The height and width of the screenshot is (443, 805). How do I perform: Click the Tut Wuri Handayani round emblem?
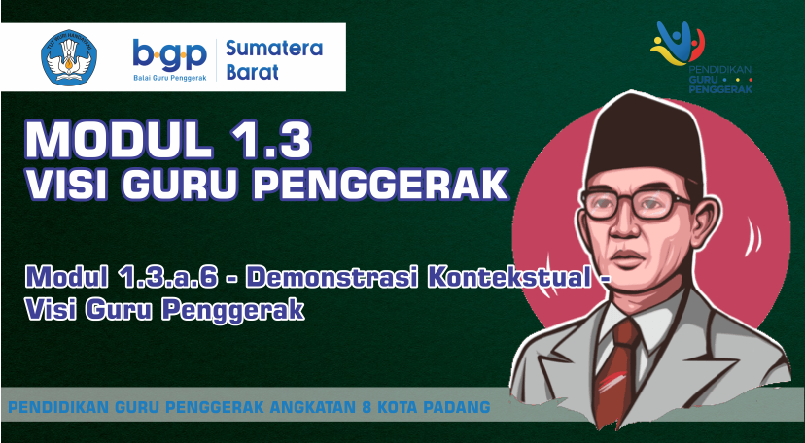pos(69,57)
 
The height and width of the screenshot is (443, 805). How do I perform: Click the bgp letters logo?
pos(170,54)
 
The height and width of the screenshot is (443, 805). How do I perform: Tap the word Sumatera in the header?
pos(274,48)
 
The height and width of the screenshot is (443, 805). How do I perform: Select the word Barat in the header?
pos(253,72)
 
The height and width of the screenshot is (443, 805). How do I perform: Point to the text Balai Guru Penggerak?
pos(170,78)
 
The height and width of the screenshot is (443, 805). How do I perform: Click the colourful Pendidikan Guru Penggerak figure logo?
pos(678,44)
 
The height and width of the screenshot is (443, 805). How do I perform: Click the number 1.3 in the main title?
pos(270,141)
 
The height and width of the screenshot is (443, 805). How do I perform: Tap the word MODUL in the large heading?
pos(119,141)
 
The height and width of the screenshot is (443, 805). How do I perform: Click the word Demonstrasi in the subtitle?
pos(334,278)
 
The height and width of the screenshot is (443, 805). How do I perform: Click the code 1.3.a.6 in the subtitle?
pos(175,278)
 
